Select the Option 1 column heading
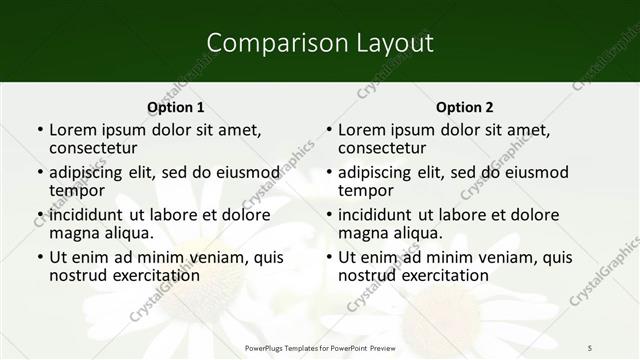(175, 107)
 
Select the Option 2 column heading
(464, 107)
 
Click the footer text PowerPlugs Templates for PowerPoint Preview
(320, 346)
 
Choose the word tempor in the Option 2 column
(366, 190)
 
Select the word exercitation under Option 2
(442, 275)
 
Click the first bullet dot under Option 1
(39, 130)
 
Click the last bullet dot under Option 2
(328, 258)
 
